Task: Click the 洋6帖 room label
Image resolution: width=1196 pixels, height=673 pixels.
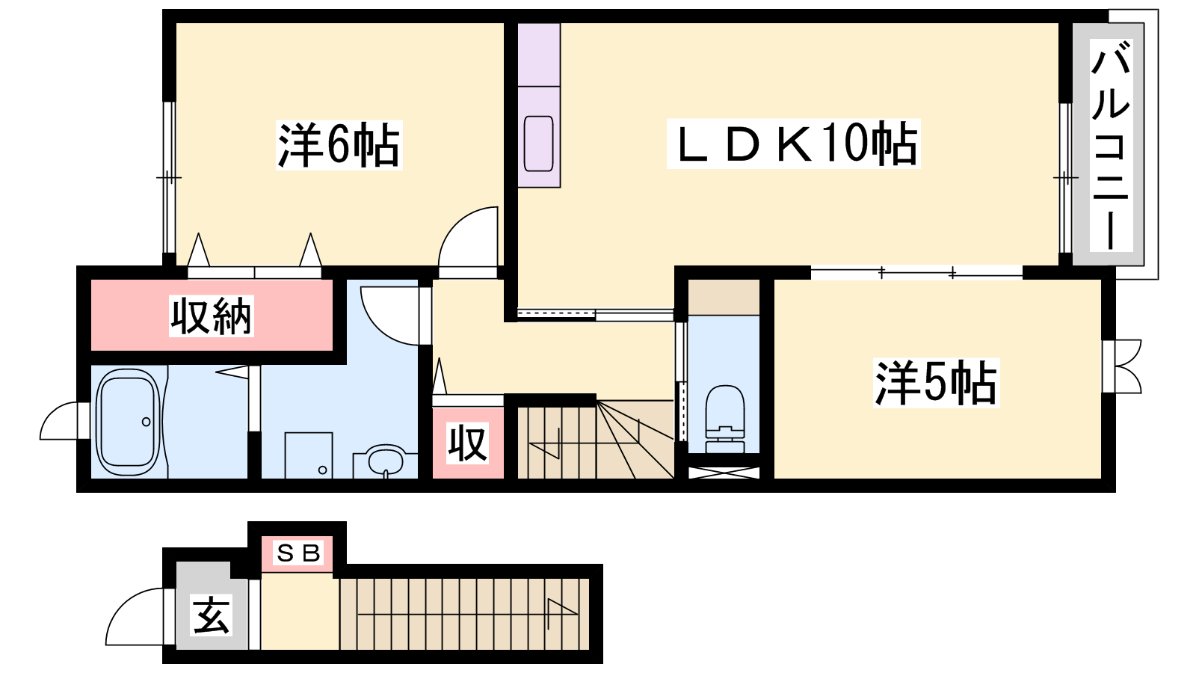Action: pyautogui.click(x=339, y=144)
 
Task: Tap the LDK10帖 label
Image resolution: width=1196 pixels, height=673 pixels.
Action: pyautogui.click(x=793, y=144)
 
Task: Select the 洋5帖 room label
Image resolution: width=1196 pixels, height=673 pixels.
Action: pyautogui.click(x=936, y=382)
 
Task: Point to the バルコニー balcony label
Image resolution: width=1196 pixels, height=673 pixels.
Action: pyautogui.click(x=1111, y=146)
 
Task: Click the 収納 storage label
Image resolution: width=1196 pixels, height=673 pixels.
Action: pyautogui.click(x=212, y=316)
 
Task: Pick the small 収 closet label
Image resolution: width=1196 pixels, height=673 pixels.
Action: pyautogui.click(x=468, y=443)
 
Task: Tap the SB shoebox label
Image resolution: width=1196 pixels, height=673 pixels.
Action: pyautogui.click(x=298, y=553)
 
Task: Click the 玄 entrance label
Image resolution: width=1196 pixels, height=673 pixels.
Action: pyautogui.click(x=211, y=615)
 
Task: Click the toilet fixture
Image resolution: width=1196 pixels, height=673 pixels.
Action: pyautogui.click(x=725, y=419)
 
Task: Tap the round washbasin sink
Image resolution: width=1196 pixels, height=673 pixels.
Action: pyautogui.click(x=386, y=461)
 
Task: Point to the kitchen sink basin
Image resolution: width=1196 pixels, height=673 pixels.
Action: pyautogui.click(x=538, y=143)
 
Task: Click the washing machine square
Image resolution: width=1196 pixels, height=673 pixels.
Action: pyautogui.click(x=308, y=455)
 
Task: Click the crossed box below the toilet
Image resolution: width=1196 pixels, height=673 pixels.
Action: pyautogui.click(x=723, y=473)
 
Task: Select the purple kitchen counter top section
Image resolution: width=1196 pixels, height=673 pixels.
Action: pyautogui.click(x=539, y=55)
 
